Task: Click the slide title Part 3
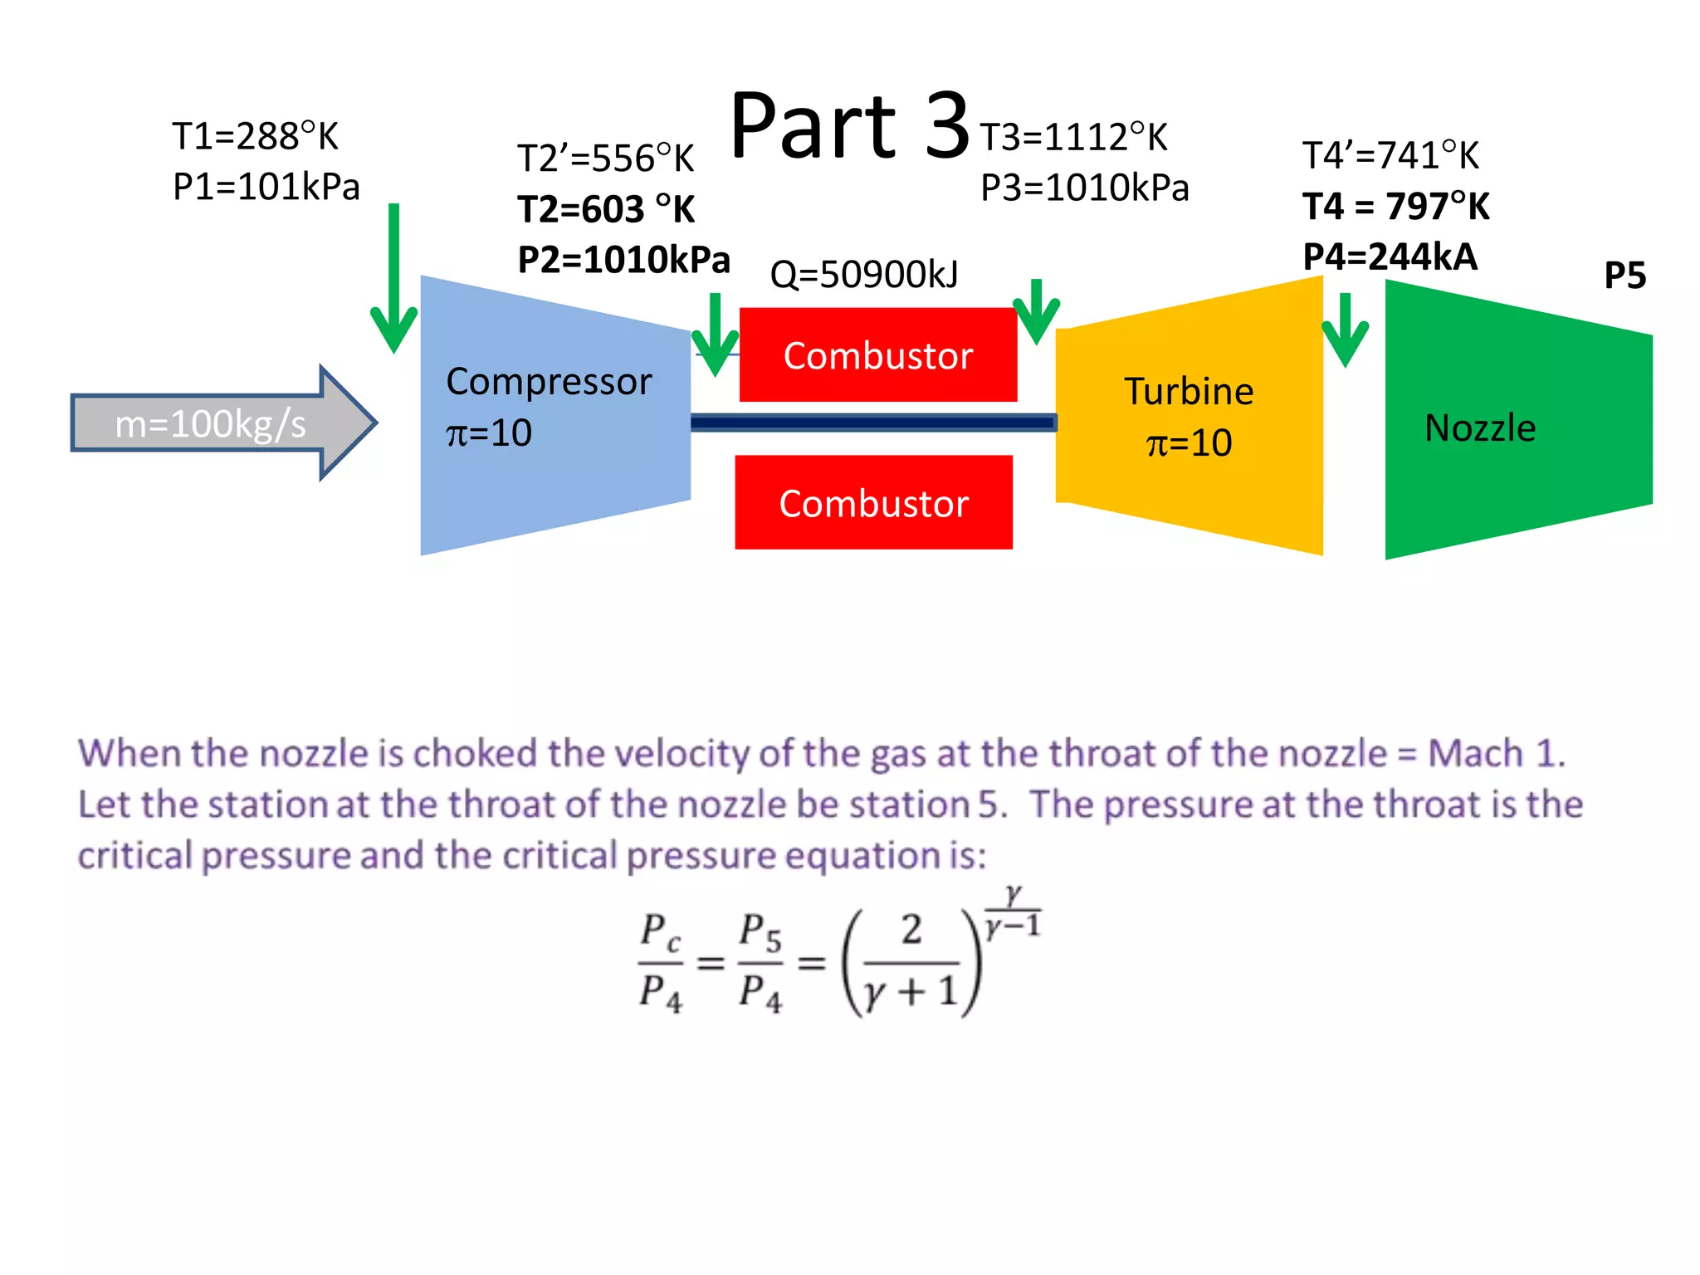[x=849, y=126]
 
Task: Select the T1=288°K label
[x=255, y=136]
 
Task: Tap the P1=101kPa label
[x=266, y=187]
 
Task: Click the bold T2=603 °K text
[x=606, y=209]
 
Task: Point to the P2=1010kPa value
[x=623, y=260]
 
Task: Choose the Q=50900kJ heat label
[x=864, y=275]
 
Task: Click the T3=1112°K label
[x=1073, y=138]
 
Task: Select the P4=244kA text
[x=1390, y=257]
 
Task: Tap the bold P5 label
[x=1624, y=276]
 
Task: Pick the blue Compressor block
[x=554, y=415]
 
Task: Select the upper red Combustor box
[x=878, y=355]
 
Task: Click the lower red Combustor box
[x=873, y=503]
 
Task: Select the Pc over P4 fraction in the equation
[x=661, y=963]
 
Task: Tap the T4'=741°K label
[x=1390, y=156]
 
